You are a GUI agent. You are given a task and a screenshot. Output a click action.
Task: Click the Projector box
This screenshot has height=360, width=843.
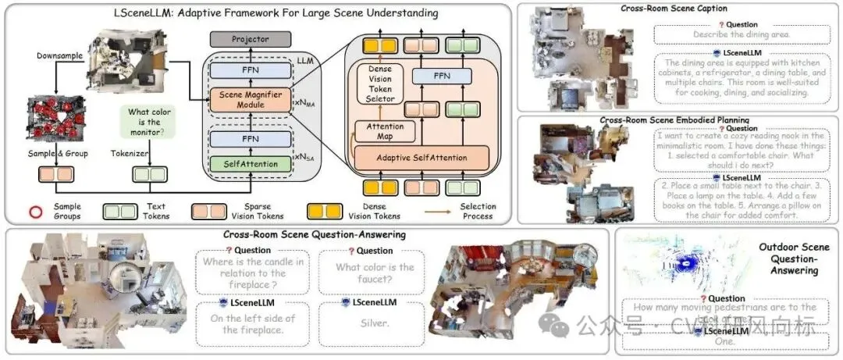pos(249,38)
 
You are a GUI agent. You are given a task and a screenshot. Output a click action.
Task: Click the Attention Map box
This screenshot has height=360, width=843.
pos(384,130)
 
